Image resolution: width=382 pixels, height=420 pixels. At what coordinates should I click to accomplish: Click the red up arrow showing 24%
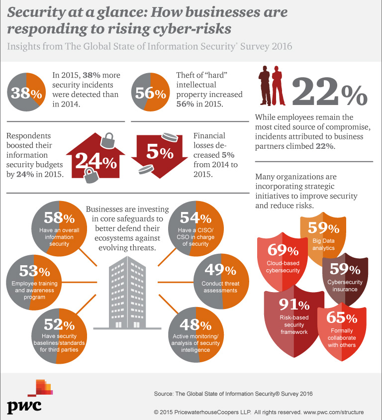coord(95,158)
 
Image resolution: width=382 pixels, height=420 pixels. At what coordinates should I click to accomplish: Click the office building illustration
coord(125,294)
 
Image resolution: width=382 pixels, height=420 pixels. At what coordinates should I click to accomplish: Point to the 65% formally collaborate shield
coord(344,331)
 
